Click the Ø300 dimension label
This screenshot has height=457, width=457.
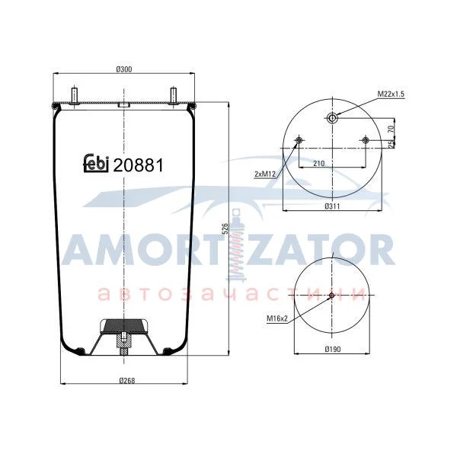click(x=124, y=69)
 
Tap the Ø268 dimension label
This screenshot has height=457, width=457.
click(x=127, y=381)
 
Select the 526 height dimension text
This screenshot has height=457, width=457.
click(x=225, y=229)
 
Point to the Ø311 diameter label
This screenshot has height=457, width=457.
click(x=332, y=206)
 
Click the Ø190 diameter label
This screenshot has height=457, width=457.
click(x=333, y=349)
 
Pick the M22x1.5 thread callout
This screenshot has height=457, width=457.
click(x=391, y=94)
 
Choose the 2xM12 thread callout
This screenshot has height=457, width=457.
click(x=265, y=174)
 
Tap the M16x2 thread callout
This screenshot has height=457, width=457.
click(x=277, y=318)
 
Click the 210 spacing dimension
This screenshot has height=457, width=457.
click(x=319, y=164)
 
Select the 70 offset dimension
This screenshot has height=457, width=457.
click(x=391, y=128)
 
